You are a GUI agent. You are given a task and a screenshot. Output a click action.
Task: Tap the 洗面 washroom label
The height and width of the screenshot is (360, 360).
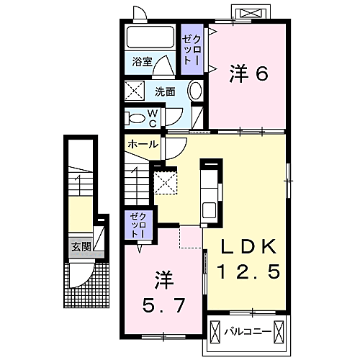pyautogui.click(x=165, y=91)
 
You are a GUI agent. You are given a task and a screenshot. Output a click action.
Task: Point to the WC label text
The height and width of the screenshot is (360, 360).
pyautogui.click(x=153, y=117)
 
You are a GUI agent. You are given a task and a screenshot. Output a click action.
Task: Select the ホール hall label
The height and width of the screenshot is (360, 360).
pyautogui.click(x=143, y=144)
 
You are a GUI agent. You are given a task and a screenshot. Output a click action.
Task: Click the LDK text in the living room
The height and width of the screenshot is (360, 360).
pyautogui.click(x=248, y=246)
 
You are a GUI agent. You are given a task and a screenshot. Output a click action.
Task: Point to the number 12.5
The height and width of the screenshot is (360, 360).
pyautogui.click(x=248, y=272)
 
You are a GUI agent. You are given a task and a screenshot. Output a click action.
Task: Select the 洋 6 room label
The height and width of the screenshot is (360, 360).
pyautogui.click(x=250, y=72)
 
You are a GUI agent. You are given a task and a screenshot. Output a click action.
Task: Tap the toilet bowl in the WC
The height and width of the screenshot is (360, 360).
pyautogui.click(x=136, y=117)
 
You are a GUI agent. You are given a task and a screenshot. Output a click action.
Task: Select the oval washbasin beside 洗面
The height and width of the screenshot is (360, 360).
pyautogui.click(x=194, y=91)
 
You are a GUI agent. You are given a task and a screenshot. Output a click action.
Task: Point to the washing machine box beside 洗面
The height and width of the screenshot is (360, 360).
pyautogui.click(x=135, y=91)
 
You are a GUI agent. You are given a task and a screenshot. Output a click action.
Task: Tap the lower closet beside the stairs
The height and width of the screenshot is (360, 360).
pyautogui.click(x=138, y=225)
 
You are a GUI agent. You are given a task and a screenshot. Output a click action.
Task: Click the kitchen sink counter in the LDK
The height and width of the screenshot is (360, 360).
pyautogui.click(x=210, y=192)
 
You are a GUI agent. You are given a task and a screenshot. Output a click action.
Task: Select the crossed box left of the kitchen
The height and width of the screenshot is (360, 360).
pyautogui.click(x=167, y=181)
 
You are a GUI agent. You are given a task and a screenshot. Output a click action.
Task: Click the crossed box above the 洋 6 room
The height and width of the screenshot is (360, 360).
pyautogui.click(x=252, y=13)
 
